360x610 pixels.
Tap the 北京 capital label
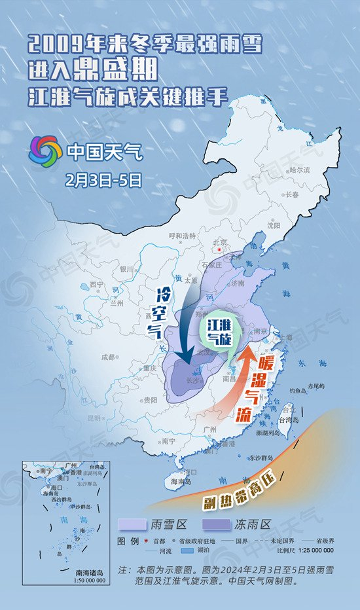pos(221,242)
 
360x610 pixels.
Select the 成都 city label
pos(108,357)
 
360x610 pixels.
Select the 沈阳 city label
pos(273,224)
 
